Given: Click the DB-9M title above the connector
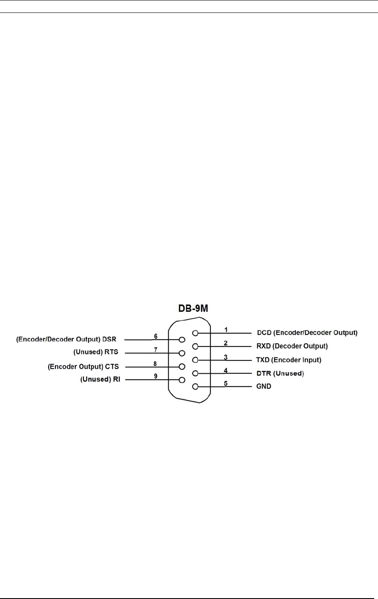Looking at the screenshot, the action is [x=193, y=308].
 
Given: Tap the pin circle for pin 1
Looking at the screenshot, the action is [x=195, y=333].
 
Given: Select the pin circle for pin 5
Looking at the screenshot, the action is [x=195, y=387].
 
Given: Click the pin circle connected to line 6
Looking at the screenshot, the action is [x=182, y=340].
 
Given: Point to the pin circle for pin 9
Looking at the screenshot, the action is [x=182, y=380].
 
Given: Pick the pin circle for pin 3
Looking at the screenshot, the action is [x=195, y=360].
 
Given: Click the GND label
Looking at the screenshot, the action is [x=264, y=387].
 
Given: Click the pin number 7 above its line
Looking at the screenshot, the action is [x=155, y=350].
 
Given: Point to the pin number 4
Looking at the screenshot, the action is [x=225, y=370].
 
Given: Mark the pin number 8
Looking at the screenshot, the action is [x=155, y=364].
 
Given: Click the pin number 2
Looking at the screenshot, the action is [x=225, y=343].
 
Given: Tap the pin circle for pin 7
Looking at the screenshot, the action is [x=182, y=353].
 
